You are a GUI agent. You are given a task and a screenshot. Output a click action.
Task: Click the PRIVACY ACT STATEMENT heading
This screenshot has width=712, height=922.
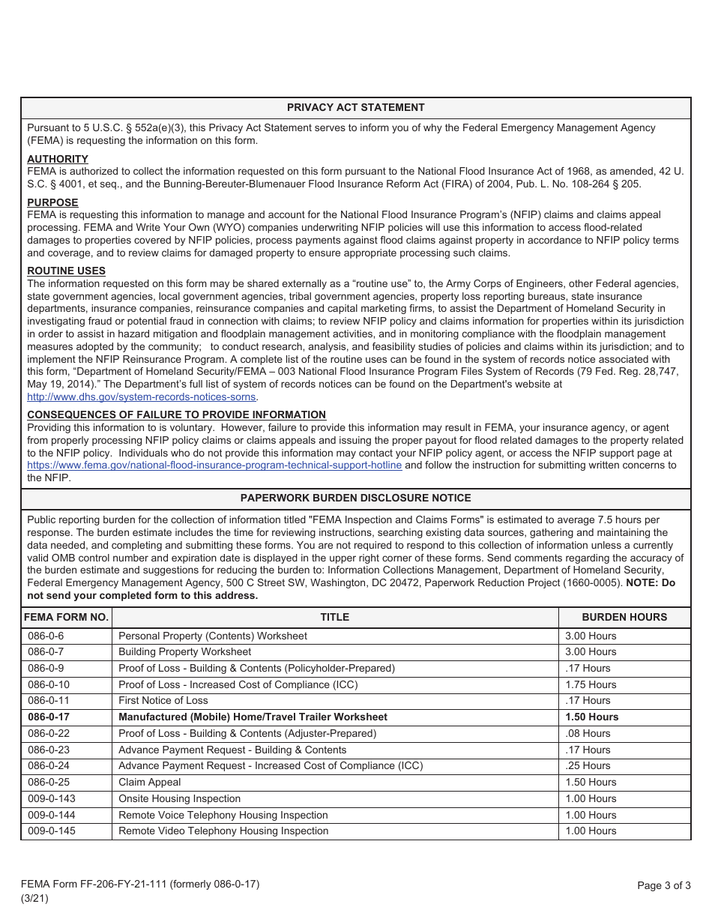tap(355, 107)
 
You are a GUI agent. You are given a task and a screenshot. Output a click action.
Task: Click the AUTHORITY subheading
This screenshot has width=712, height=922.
tap(58, 159)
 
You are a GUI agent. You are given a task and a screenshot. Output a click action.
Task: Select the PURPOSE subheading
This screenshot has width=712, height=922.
tap(52, 202)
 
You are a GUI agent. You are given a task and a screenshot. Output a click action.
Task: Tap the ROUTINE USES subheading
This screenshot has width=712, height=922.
tap(66, 271)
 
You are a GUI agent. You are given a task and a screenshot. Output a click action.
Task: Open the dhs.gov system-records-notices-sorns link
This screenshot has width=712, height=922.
tap(142, 397)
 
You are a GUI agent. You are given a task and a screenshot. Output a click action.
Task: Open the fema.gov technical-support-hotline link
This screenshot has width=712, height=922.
tap(214, 465)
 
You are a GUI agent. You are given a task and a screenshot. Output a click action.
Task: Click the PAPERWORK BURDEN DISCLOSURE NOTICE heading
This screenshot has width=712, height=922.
tap(355, 498)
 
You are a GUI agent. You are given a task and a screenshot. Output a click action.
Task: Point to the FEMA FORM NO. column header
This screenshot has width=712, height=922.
tap(66, 618)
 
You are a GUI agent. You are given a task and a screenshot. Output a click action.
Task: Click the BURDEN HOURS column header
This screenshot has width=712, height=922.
tap(624, 618)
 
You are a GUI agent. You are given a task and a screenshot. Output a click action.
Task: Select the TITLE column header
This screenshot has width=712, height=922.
tap(334, 618)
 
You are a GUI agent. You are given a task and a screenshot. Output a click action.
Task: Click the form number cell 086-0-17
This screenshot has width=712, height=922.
tap(49, 717)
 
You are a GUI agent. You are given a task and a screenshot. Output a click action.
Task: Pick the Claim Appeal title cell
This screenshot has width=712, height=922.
tap(150, 783)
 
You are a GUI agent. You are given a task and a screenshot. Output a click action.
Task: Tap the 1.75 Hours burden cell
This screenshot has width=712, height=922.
tap(591, 684)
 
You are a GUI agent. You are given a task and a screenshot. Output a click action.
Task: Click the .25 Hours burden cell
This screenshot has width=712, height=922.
tap(588, 766)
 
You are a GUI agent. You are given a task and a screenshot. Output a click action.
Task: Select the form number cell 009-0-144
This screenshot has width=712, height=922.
tap(52, 815)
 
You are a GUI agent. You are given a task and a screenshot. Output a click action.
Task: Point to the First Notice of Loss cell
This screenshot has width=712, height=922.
tap(163, 701)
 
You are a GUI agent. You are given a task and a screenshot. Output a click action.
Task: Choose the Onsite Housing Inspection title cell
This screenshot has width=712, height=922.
tap(180, 799)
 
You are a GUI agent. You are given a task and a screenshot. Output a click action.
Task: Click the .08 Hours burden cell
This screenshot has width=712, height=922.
tap(588, 734)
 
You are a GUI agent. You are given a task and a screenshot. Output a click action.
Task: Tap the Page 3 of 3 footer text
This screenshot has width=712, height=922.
tap(663, 886)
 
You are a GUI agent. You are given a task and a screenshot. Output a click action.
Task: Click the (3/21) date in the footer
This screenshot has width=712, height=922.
tap(34, 899)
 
